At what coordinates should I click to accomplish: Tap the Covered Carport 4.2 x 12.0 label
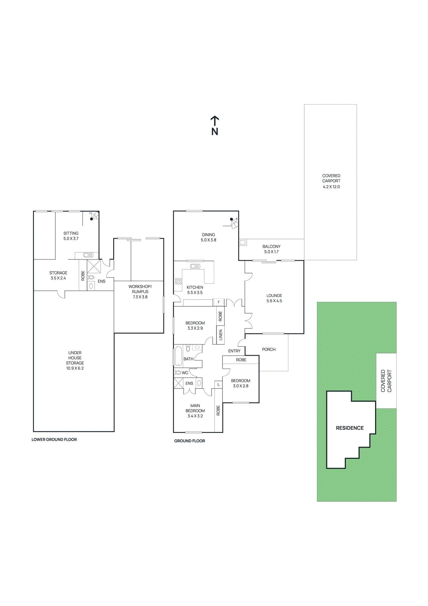click(331, 181)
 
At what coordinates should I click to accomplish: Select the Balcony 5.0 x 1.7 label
click(271, 249)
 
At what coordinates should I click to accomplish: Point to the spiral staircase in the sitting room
click(93, 217)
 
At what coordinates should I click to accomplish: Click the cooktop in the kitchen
click(178, 281)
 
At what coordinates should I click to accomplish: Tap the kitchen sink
click(195, 266)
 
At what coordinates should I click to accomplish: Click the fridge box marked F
click(218, 302)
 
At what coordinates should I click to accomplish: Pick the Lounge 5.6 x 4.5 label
click(274, 298)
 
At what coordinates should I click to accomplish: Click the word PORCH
click(269, 350)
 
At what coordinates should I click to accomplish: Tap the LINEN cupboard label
click(221, 335)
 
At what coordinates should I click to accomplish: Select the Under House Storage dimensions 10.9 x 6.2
click(75, 368)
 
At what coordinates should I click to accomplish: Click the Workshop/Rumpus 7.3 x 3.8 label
click(140, 292)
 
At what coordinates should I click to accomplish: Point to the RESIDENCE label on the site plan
click(350, 428)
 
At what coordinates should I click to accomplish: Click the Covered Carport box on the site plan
click(386, 381)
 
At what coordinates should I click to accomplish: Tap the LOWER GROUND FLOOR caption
click(54, 440)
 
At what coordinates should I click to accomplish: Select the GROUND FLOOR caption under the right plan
click(190, 441)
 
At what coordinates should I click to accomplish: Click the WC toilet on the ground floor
click(178, 373)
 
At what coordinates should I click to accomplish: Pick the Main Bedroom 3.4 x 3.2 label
click(195, 411)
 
